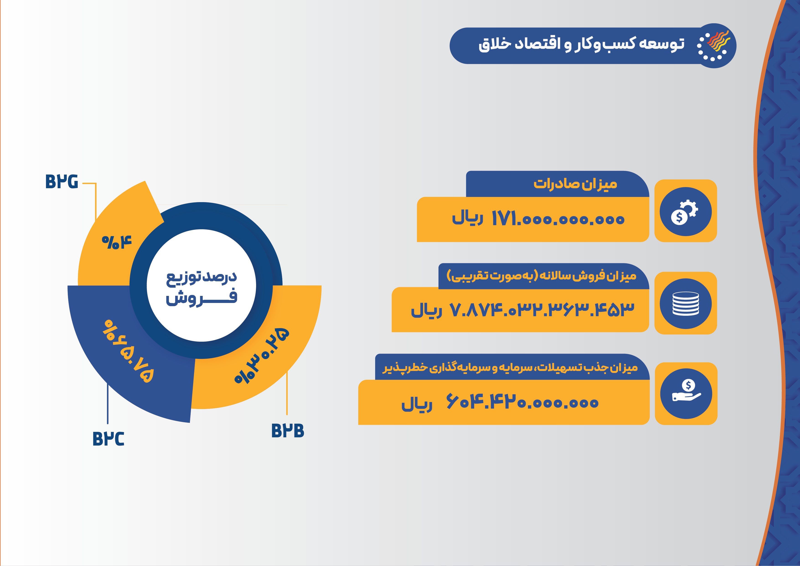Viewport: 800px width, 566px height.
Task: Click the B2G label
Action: click(x=62, y=182)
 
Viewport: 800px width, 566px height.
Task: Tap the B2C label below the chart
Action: click(x=108, y=438)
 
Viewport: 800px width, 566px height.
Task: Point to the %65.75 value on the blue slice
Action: click(x=128, y=351)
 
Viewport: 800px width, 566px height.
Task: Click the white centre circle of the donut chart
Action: click(x=201, y=285)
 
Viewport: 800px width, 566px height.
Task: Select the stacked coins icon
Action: click(x=685, y=304)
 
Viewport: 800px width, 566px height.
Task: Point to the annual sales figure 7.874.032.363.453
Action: click(x=541, y=310)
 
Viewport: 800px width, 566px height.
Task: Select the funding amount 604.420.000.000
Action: click(x=522, y=402)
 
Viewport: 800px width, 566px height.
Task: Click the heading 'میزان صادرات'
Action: click(x=575, y=184)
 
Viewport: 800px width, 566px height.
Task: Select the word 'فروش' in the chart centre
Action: click(x=201, y=297)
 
